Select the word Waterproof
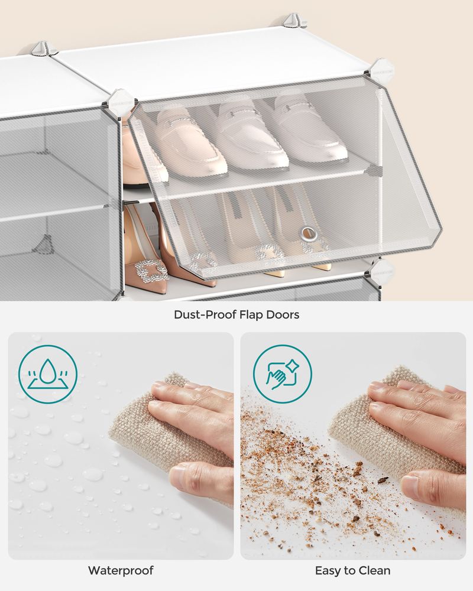[x=121, y=570]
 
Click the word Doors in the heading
[x=282, y=314]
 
